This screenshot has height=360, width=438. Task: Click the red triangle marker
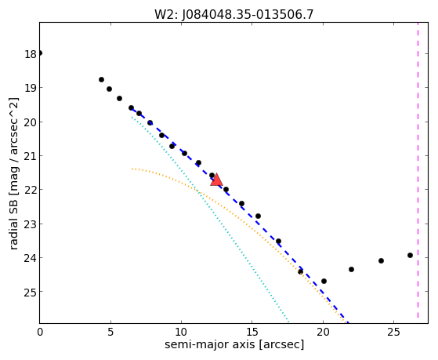pos(216,180)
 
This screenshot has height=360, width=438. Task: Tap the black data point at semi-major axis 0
pos(40,53)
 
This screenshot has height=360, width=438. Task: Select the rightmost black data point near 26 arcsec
pos(410,255)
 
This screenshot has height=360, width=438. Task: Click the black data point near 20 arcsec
pos(324,281)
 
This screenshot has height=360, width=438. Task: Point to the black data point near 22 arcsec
pos(351,269)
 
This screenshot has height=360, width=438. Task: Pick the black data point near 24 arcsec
pos(381,260)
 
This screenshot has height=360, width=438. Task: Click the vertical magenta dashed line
pos(418,170)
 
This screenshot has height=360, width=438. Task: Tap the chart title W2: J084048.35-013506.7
pos(233,14)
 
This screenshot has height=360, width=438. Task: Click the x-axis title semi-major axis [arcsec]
pos(234,344)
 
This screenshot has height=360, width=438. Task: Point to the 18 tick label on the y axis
pos(30,54)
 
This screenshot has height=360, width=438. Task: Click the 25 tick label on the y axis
pos(30,293)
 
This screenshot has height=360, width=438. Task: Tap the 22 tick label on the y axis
pos(30,191)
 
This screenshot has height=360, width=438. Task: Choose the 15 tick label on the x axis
pos(252,332)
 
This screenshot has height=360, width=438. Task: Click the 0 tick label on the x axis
pos(40,332)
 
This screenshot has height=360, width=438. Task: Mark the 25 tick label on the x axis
pos(393,332)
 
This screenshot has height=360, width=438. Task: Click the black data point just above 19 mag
pos(109,89)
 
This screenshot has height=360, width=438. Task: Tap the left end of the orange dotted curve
pos(132,169)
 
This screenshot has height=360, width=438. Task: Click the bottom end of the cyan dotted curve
pos(288,321)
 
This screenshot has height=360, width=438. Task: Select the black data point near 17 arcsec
pos(278,241)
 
